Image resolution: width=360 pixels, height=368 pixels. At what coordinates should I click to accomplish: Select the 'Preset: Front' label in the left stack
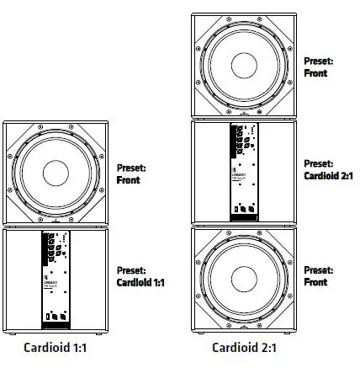tap(131, 173)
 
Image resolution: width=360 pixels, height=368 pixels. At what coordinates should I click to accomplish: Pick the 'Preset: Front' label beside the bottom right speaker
tap(319, 277)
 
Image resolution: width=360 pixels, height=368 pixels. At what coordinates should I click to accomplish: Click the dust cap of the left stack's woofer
tap(56, 174)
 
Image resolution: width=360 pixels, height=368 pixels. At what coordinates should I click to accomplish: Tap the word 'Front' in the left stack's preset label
tap(129, 179)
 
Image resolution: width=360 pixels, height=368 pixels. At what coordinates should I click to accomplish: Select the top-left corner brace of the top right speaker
tap(200, 21)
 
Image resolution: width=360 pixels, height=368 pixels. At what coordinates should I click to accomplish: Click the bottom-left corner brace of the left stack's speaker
tap(11, 219)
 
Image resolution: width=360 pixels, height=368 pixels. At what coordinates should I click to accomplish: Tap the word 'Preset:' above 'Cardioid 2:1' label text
tap(318, 163)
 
